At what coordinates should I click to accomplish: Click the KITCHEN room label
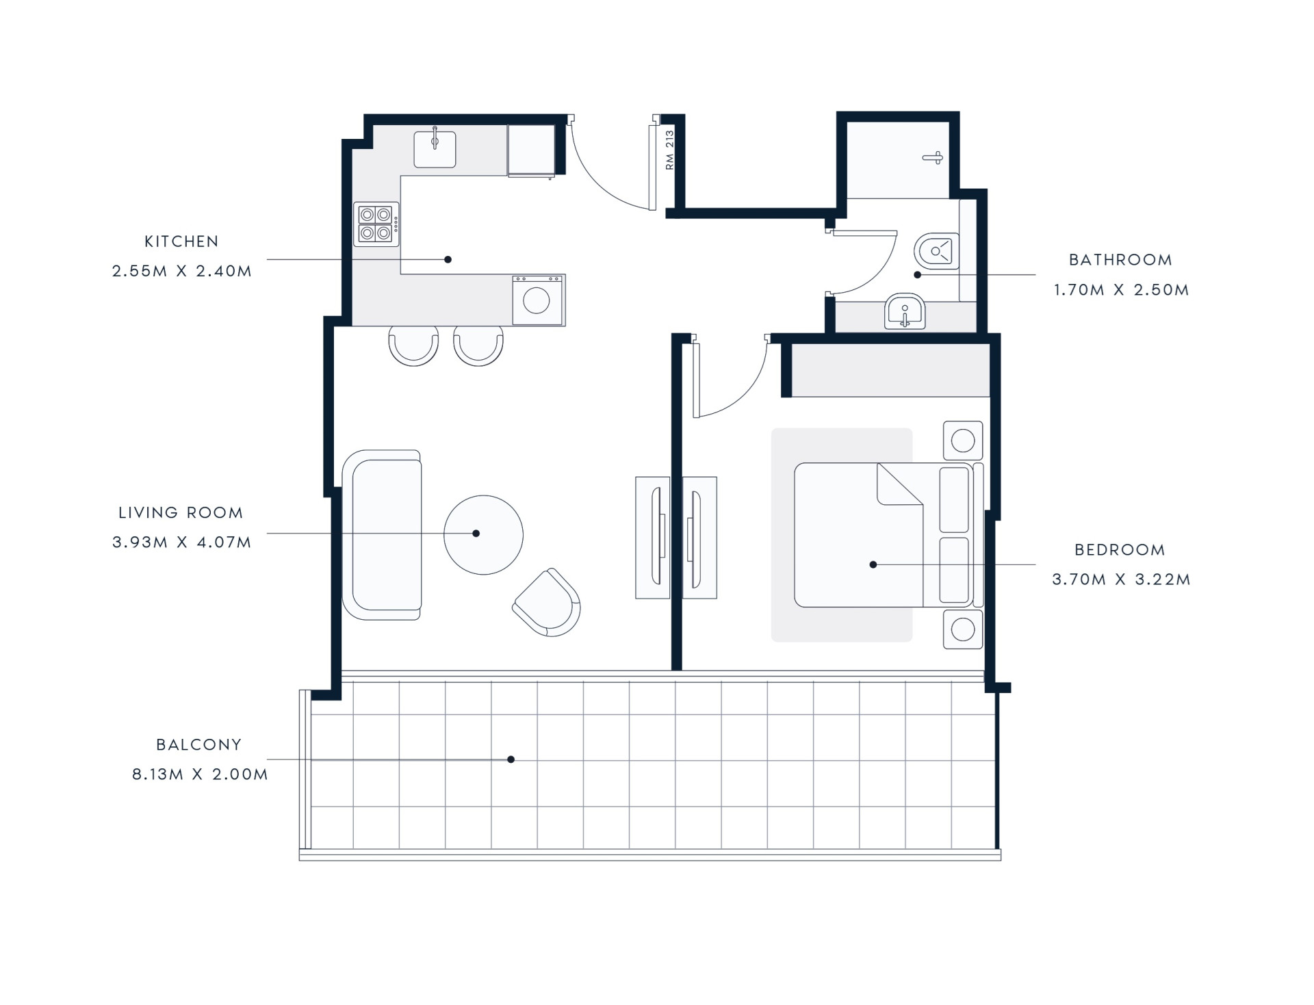coord(181,242)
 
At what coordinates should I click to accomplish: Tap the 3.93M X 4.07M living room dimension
coord(182,543)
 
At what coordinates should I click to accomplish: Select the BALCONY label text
coord(198,744)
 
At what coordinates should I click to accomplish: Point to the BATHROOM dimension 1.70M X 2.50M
coord(1121,290)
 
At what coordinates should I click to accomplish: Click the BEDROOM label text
coord(1120,550)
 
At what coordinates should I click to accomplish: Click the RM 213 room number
coord(669,150)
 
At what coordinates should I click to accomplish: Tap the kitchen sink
coord(435,148)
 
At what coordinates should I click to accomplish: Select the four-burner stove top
coord(376,224)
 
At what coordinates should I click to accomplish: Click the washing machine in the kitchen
coord(538,300)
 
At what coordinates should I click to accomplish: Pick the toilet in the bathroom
coord(936,252)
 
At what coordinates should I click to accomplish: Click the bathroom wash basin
coord(905,312)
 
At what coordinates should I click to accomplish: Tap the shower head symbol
coord(933,158)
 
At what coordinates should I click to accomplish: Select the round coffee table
coord(483,535)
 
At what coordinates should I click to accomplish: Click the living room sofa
coord(381,535)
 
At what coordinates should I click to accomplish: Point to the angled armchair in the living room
coord(547,603)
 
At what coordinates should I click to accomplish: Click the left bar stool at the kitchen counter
coord(413,345)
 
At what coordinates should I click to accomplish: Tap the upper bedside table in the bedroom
coord(963,441)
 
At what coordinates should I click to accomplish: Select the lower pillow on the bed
coord(954,570)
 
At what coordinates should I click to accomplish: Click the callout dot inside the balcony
coord(511,759)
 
